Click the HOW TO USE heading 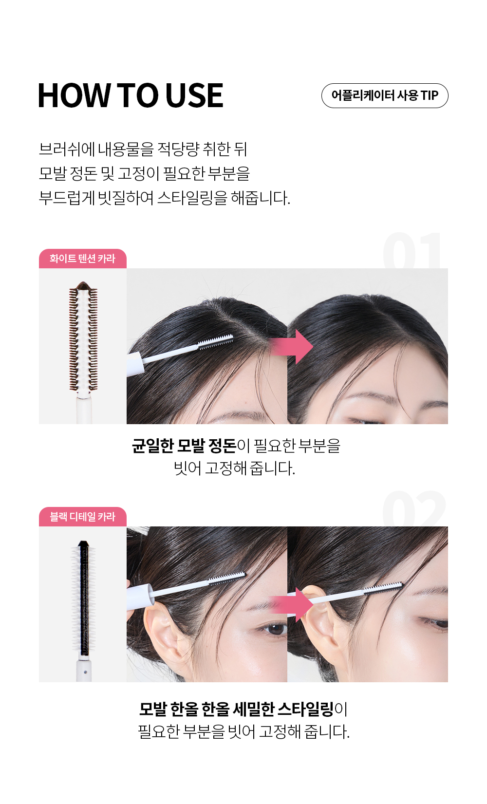pos(131,95)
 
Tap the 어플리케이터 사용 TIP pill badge pos(385,95)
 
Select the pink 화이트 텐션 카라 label pos(82,259)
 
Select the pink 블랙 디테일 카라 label pos(82,517)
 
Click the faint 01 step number pos(412,250)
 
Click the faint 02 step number pos(414,508)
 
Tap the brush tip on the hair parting pos(216,340)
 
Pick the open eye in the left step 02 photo pos(275,629)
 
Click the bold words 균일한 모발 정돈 pos(184,446)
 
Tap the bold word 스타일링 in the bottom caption pos(306,709)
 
